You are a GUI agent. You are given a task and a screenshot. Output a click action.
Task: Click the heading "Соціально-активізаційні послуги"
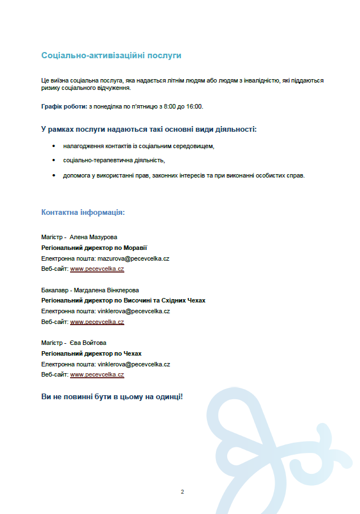[111, 55]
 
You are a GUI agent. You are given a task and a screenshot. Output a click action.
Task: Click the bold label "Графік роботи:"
[64, 106]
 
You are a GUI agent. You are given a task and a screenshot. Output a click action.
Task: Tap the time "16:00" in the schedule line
[194, 106]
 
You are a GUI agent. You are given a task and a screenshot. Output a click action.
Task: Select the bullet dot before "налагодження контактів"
[54, 146]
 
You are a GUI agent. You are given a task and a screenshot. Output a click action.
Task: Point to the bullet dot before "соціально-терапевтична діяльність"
[54, 161]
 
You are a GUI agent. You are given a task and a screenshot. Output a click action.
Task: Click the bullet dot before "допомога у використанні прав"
[54, 175]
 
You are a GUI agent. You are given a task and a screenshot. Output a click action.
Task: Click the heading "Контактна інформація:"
[83, 212]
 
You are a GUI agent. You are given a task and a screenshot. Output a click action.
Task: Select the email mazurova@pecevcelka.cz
[134, 258]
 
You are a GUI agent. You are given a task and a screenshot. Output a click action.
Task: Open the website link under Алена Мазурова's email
[97, 269]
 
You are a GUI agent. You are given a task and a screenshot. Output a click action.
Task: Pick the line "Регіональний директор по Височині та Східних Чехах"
[123, 300]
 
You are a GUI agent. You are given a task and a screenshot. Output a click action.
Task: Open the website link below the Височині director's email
[97, 322]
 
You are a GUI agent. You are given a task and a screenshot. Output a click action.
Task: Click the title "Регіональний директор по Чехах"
[91, 353]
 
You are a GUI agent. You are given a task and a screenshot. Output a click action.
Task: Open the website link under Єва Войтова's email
[97, 374]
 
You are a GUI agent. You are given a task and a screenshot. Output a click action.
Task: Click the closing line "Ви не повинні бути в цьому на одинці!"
[112, 397]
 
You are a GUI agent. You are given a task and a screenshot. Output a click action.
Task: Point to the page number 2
[182, 491]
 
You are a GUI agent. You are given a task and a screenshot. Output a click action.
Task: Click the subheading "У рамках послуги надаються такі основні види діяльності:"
[149, 129]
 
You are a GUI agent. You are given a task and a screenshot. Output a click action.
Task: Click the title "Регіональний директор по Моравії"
[94, 248]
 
